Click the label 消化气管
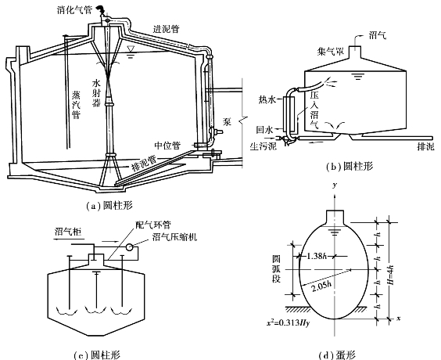[74, 10]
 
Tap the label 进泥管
[167, 29]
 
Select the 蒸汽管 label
[76, 105]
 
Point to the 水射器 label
[96, 93]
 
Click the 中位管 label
[167, 146]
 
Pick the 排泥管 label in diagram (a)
[145, 164]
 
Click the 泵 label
[227, 121]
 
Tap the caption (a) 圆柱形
[109, 206]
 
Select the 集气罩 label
[331, 51]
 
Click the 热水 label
[267, 99]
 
